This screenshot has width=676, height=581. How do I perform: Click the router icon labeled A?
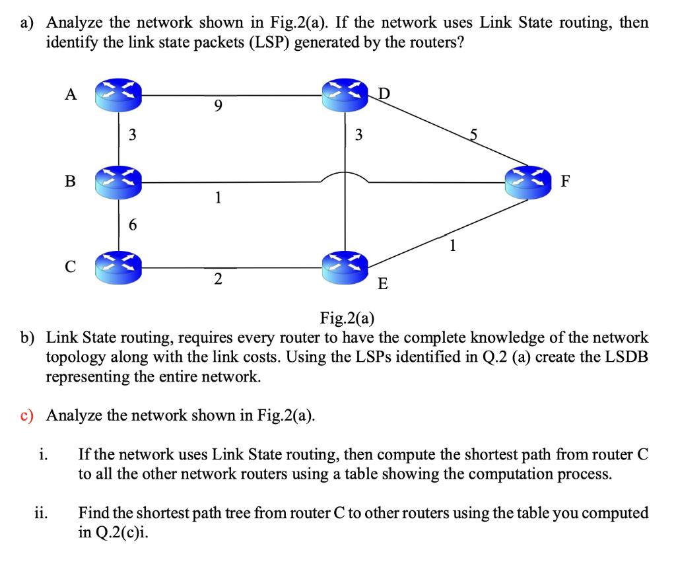119,95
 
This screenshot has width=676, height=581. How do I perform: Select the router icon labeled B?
119,182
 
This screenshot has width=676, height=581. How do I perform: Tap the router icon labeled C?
119,267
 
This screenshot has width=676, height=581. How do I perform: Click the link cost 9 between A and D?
219,106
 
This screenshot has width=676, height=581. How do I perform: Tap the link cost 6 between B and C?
133,225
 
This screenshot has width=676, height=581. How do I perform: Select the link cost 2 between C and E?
218,279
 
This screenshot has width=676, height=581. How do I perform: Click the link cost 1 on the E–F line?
452,246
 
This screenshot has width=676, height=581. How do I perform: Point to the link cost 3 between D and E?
358,136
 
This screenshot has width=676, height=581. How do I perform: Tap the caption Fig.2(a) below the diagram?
347,318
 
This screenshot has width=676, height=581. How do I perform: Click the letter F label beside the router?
566,182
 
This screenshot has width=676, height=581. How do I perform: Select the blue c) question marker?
27,415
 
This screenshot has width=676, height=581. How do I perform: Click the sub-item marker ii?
41,513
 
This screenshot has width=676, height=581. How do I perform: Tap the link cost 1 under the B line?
219,197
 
